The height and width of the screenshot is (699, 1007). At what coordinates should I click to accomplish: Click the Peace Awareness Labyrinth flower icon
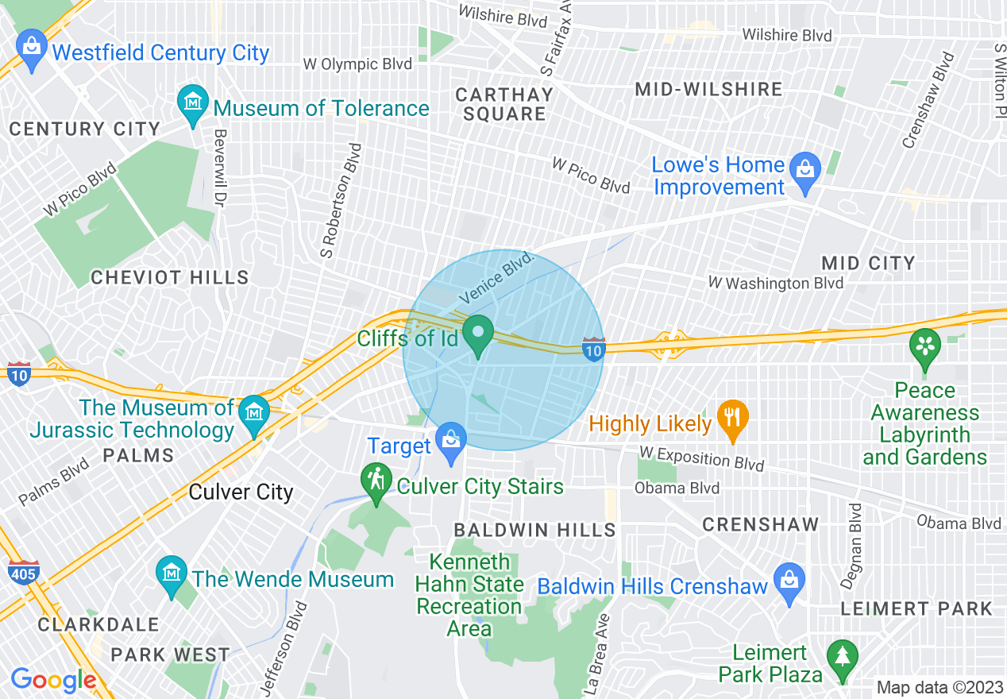point(925,348)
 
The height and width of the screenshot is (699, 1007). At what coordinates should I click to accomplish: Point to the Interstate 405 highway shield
point(22,572)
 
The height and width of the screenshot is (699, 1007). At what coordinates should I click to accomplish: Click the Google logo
point(53,680)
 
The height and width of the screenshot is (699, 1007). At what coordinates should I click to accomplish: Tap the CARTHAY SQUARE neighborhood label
point(504,104)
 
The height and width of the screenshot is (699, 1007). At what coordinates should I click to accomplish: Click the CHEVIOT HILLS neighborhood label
point(170,277)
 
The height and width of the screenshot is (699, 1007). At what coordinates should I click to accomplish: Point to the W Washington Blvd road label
point(776,283)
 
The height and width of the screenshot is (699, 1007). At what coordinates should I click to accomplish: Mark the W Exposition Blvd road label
point(702,458)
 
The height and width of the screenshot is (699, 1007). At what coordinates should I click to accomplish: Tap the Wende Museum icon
point(172,576)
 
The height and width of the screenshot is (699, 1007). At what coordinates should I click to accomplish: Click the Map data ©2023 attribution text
point(938,687)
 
